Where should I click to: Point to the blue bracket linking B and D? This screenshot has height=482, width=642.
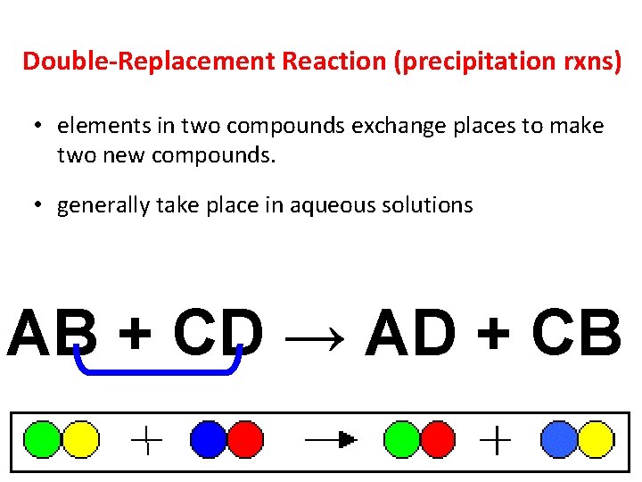point(159,370)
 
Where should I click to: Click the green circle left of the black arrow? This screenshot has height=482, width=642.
point(400,439)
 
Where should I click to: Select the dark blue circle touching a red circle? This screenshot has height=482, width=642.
point(209,439)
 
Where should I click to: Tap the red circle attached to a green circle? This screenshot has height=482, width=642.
point(436,439)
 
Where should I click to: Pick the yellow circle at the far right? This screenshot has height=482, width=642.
point(596,439)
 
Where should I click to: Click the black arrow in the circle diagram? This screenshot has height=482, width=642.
point(331,439)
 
